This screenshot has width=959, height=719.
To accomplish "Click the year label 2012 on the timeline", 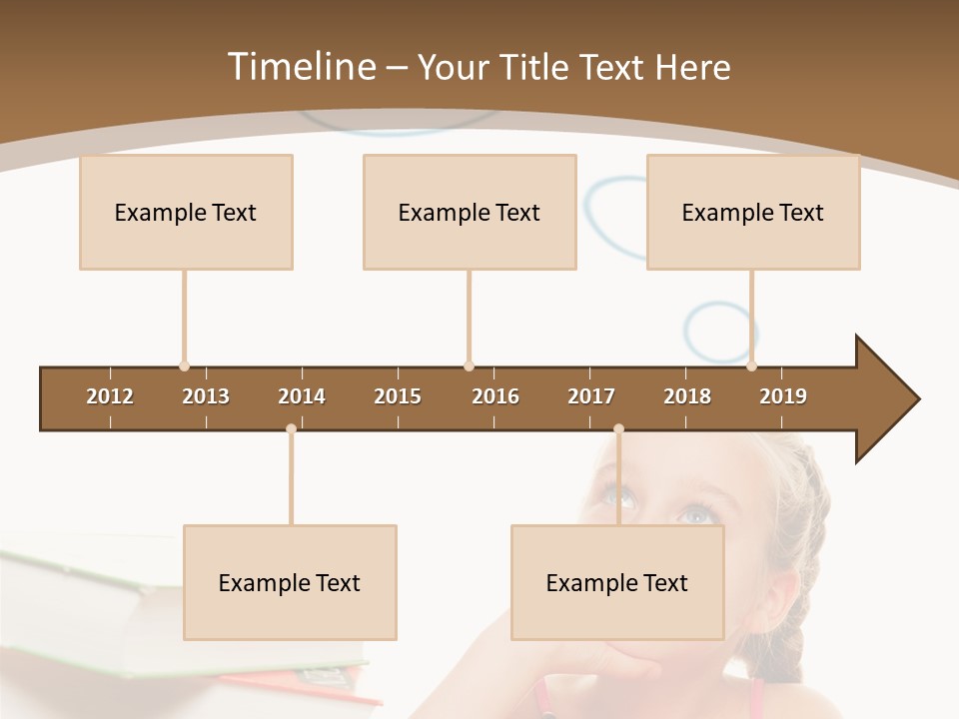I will click(x=110, y=396).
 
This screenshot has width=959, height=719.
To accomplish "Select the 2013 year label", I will click(x=206, y=396).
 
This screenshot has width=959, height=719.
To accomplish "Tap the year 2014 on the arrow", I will click(x=302, y=396).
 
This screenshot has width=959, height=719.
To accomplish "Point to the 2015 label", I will click(x=398, y=396).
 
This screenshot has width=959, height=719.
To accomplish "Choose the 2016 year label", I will click(x=495, y=396).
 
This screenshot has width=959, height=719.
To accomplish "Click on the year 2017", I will click(x=591, y=396).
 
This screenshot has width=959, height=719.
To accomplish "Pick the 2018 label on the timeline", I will click(x=687, y=396).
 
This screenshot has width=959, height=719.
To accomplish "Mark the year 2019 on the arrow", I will click(x=783, y=396).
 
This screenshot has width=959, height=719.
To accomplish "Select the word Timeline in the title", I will click(x=300, y=67).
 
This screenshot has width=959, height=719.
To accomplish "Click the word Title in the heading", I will click(x=536, y=67).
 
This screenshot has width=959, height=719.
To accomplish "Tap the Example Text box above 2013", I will click(x=186, y=212).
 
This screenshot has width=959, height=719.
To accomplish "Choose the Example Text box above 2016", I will click(x=470, y=212).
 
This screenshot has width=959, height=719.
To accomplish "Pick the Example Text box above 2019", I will click(x=753, y=212).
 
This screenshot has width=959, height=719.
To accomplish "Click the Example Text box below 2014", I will click(x=290, y=582).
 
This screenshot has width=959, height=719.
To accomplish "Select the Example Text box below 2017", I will click(x=617, y=582).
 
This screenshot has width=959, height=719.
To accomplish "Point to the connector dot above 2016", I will click(x=470, y=366).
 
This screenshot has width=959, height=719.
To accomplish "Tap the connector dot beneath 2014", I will click(x=291, y=429).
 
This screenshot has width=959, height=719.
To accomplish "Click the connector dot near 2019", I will click(x=752, y=366).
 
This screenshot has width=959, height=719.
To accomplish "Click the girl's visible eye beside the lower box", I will click(x=695, y=515).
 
